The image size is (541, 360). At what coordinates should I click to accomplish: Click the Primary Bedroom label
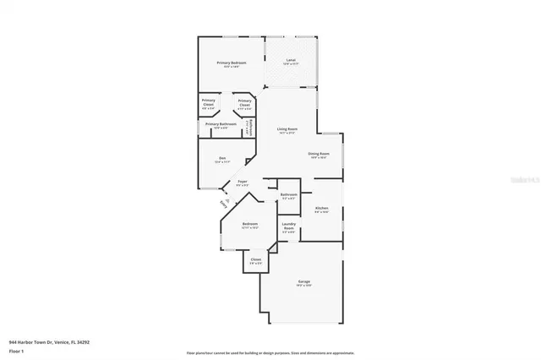coord(229,63)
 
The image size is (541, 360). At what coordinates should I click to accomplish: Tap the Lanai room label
coord(291,61)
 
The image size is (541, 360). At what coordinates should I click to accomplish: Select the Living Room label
coord(287,129)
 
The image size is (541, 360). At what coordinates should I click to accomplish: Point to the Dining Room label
coord(318,154)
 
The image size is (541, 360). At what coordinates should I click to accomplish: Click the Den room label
coord(222,158)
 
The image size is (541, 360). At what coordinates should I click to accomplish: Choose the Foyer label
coord(242,182)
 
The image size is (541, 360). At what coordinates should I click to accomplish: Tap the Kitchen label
coord(321,208)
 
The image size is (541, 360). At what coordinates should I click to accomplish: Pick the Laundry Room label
coord(288,226)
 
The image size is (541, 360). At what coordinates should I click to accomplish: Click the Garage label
coord(303,281)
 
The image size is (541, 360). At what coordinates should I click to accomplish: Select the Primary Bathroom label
coord(221,124)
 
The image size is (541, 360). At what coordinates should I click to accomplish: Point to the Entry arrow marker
coord(225,202)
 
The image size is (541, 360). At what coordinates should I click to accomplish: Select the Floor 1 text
coord(16,350)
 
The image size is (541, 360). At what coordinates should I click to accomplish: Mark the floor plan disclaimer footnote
coord(270,352)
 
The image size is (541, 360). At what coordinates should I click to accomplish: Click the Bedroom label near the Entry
coord(249,224)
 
